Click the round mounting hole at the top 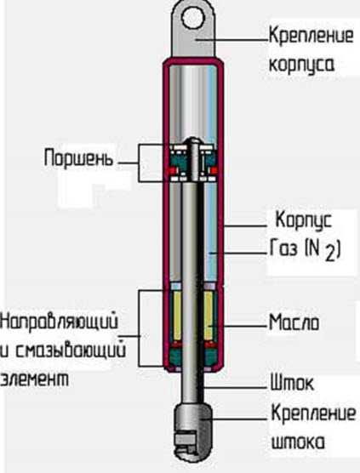[x=193, y=18]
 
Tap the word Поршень [x=78, y=158]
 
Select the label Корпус [x=304, y=221]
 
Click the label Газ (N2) [x=305, y=251]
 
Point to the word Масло [x=294, y=322]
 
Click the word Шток [x=292, y=383]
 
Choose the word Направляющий [x=59, y=322]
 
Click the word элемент [x=34, y=379]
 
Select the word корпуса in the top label [x=301, y=65]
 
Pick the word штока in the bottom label [x=298, y=442]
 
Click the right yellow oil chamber [x=209, y=316]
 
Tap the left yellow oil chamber [x=177, y=316]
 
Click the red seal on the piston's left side [x=171, y=171]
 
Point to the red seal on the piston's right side [x=214, y=171]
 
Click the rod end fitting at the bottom [x=192, y=430]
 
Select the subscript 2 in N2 [x=330, y=255]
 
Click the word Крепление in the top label [x=311, y=36]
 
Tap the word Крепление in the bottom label [x=313, y=413]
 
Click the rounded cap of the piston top [x=193, y=140]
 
